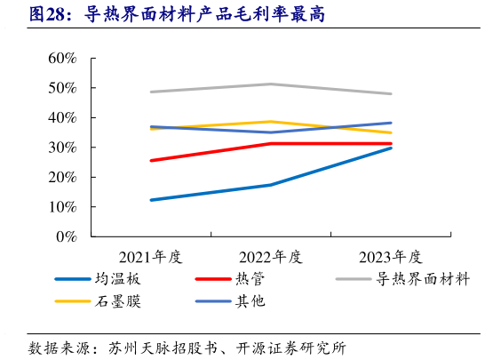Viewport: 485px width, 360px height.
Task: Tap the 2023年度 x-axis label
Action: [x=390, y=257]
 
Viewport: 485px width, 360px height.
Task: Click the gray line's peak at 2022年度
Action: [x=271, y=84]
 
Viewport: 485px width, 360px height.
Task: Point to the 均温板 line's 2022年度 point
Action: [x=271, y=185]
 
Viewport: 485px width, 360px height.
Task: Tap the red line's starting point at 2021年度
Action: [x=151, y=161]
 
